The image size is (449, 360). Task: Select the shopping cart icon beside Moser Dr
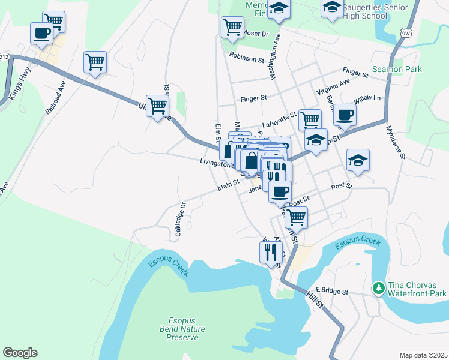232,26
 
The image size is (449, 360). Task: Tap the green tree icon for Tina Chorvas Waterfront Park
378,289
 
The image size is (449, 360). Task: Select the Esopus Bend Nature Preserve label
182,329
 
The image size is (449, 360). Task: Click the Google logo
20,353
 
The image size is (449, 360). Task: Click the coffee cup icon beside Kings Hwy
41,34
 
